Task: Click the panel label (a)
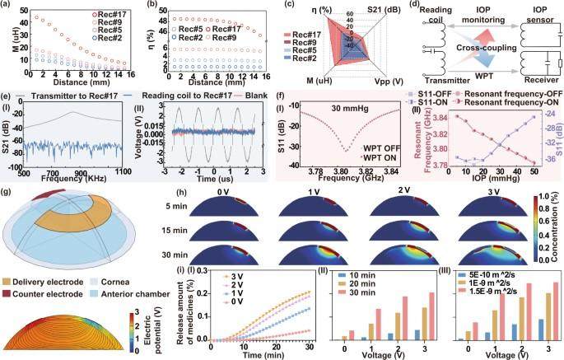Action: (7, 6)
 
